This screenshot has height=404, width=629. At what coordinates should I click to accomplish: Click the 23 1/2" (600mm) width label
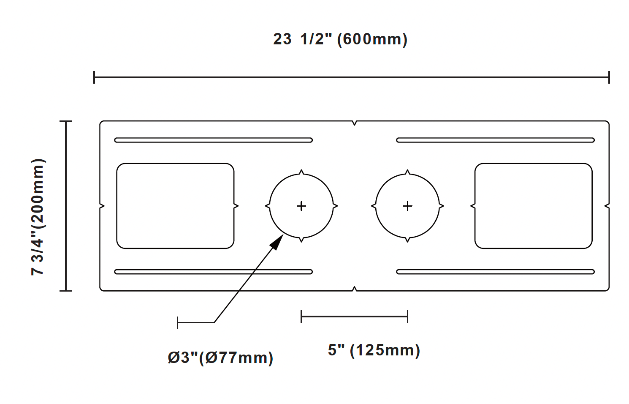(340, 39)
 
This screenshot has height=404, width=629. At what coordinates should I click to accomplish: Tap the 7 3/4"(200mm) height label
(38, 217)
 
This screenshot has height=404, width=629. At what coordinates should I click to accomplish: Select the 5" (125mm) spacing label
(374, 350)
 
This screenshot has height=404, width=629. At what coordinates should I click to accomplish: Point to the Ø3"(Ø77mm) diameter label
(220, 358)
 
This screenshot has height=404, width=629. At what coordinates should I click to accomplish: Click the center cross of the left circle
(301, 206)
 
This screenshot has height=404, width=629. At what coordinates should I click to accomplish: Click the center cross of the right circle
(407, 206)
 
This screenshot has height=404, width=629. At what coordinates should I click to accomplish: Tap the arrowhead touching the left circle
(277, 242)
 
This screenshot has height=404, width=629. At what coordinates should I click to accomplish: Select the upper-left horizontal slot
(214, 140)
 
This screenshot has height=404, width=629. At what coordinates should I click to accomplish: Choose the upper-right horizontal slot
(495, 140)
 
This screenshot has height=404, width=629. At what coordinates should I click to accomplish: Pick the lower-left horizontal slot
(214, 272)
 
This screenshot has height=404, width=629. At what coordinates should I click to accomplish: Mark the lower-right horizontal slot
(495, 272)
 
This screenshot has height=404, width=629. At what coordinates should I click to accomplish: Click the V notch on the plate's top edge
(354, 123)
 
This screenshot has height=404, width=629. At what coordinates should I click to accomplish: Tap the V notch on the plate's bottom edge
(354, 289)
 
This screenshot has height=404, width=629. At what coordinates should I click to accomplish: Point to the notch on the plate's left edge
(102, 206)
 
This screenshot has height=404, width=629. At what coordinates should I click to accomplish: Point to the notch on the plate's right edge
(607, 206)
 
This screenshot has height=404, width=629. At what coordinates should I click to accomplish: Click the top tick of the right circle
(407, 172)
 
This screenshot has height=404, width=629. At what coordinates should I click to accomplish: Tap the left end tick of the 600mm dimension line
(94, 77)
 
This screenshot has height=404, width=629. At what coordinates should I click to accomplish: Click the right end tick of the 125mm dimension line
(407, 317)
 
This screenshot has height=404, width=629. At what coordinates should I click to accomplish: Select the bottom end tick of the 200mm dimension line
(66, 291)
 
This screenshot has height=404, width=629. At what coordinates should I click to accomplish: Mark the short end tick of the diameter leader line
(177, 322)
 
